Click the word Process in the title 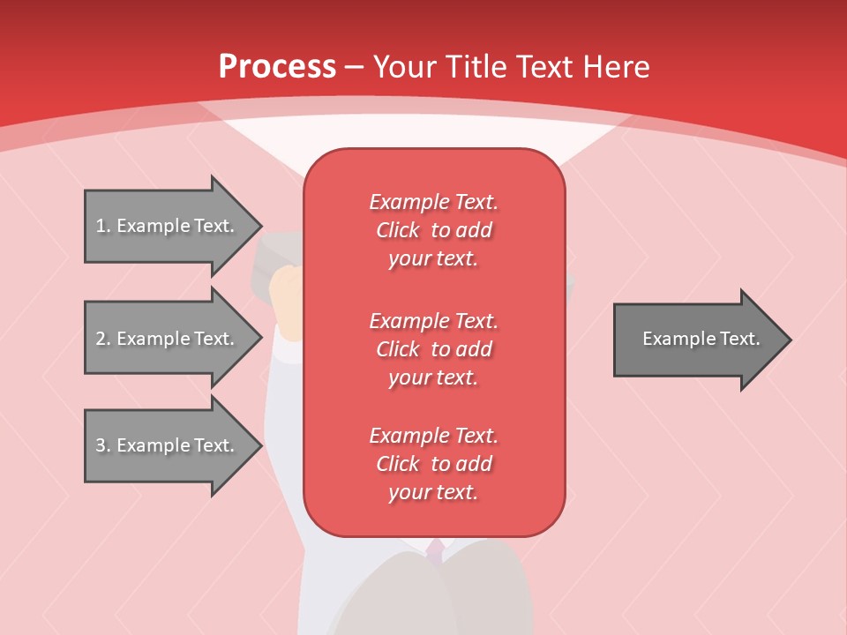coord(277,67)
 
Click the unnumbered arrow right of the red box coord(697,339)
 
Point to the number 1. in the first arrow coord(102,226)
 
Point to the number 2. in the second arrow coord(102,339)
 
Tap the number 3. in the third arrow coord(102,445)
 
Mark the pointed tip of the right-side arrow coord(788,339)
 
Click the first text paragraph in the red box coord(433,230)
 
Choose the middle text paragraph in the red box coord(433,348)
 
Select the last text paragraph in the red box coord(433,464)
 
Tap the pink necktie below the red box coord(435,551)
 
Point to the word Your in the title coord(405,67)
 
